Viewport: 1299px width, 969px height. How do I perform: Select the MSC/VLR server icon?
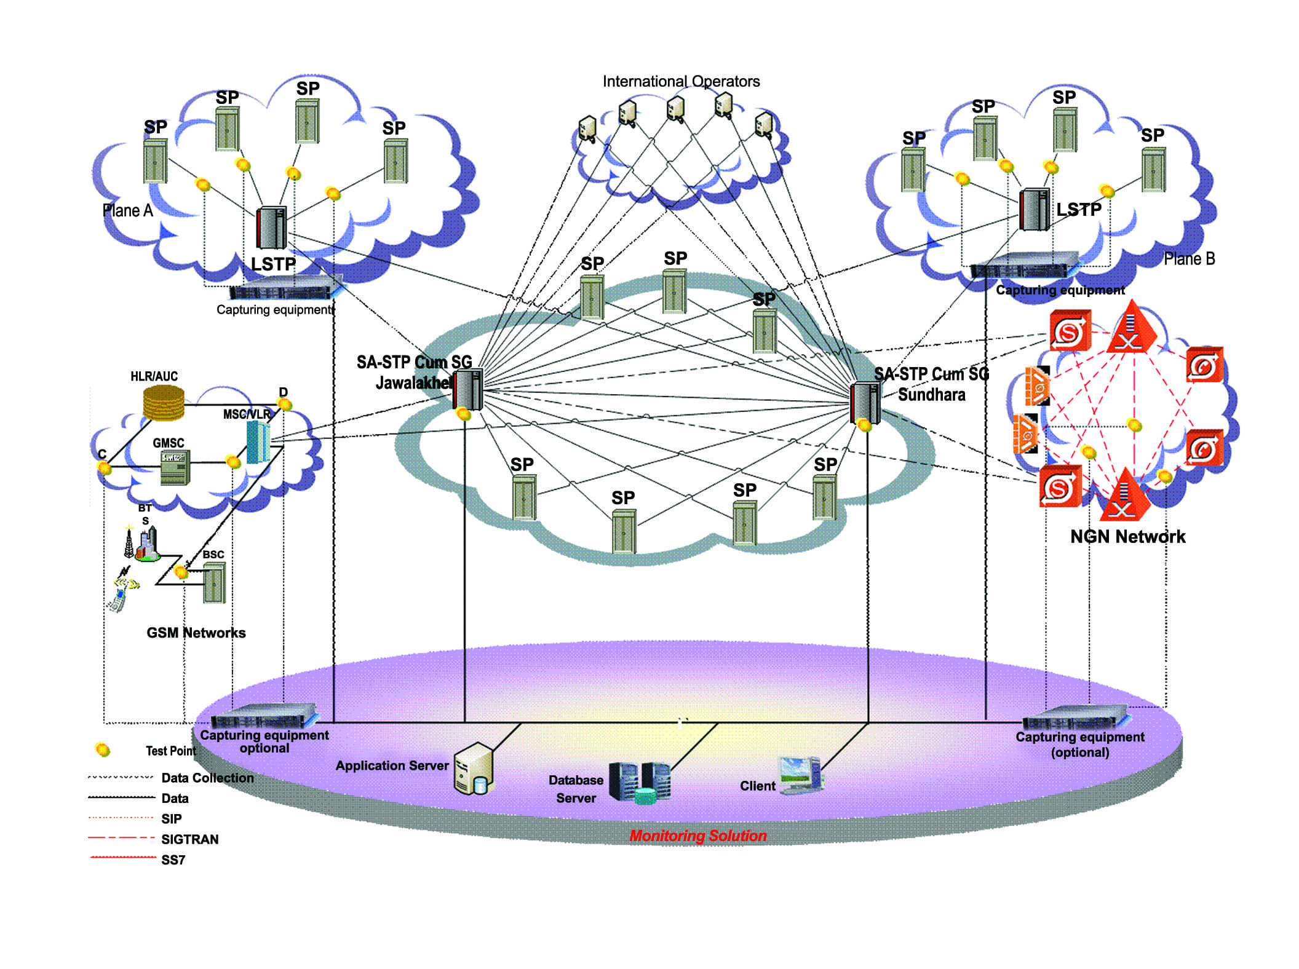[258, 441]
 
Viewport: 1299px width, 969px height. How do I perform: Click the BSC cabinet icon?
[214, 583]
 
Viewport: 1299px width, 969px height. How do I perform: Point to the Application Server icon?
[474, 769]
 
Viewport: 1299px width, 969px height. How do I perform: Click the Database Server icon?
[640, 783]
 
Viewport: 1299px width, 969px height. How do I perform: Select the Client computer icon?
[800, 775]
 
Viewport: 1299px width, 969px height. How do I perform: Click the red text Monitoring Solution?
[697, 836]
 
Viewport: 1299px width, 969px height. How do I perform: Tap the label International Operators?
[681, 81]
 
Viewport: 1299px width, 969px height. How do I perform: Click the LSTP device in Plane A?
[271, 228]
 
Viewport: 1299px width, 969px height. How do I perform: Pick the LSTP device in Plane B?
[1034, 210]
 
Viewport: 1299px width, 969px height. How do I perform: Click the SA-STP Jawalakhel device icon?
[468, 389]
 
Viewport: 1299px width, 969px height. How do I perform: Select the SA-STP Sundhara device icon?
[864, 401]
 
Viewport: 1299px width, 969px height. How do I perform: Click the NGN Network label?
[1127, 537]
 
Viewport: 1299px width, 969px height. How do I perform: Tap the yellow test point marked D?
[284, 404]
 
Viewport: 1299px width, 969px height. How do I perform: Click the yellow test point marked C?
[105, 469]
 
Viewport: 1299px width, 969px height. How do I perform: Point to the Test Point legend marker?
[102, 749]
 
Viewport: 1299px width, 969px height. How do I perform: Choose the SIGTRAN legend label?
[189, 839]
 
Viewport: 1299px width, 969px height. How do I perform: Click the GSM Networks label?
[196, 633]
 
